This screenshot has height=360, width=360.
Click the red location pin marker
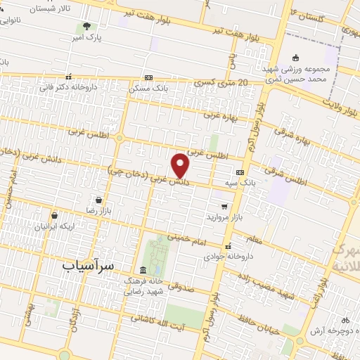point(181,165)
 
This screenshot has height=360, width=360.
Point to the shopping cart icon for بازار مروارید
point(224,207)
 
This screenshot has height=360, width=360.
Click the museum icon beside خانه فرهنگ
point(143,271)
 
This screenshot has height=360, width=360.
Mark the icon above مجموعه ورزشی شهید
point(296,58)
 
